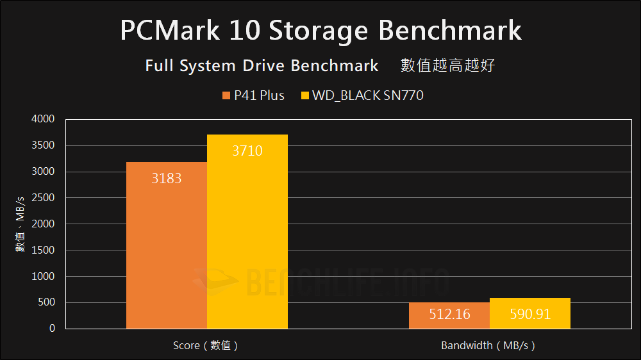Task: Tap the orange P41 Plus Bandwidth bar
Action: [x=449, y=315]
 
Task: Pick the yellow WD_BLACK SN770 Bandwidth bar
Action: [x=529, y=314]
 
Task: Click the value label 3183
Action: [x=167, y=178]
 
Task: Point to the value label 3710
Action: [x=247, y=151]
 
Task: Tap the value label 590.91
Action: [x=529, y=315]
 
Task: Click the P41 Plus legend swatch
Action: [x=226, y=96]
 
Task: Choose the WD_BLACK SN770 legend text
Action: [x=367, y=96]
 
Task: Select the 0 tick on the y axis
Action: [x=51, y=329]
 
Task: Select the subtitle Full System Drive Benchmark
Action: [x=262, y=66]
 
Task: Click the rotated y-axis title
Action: [x=20, y=224]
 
